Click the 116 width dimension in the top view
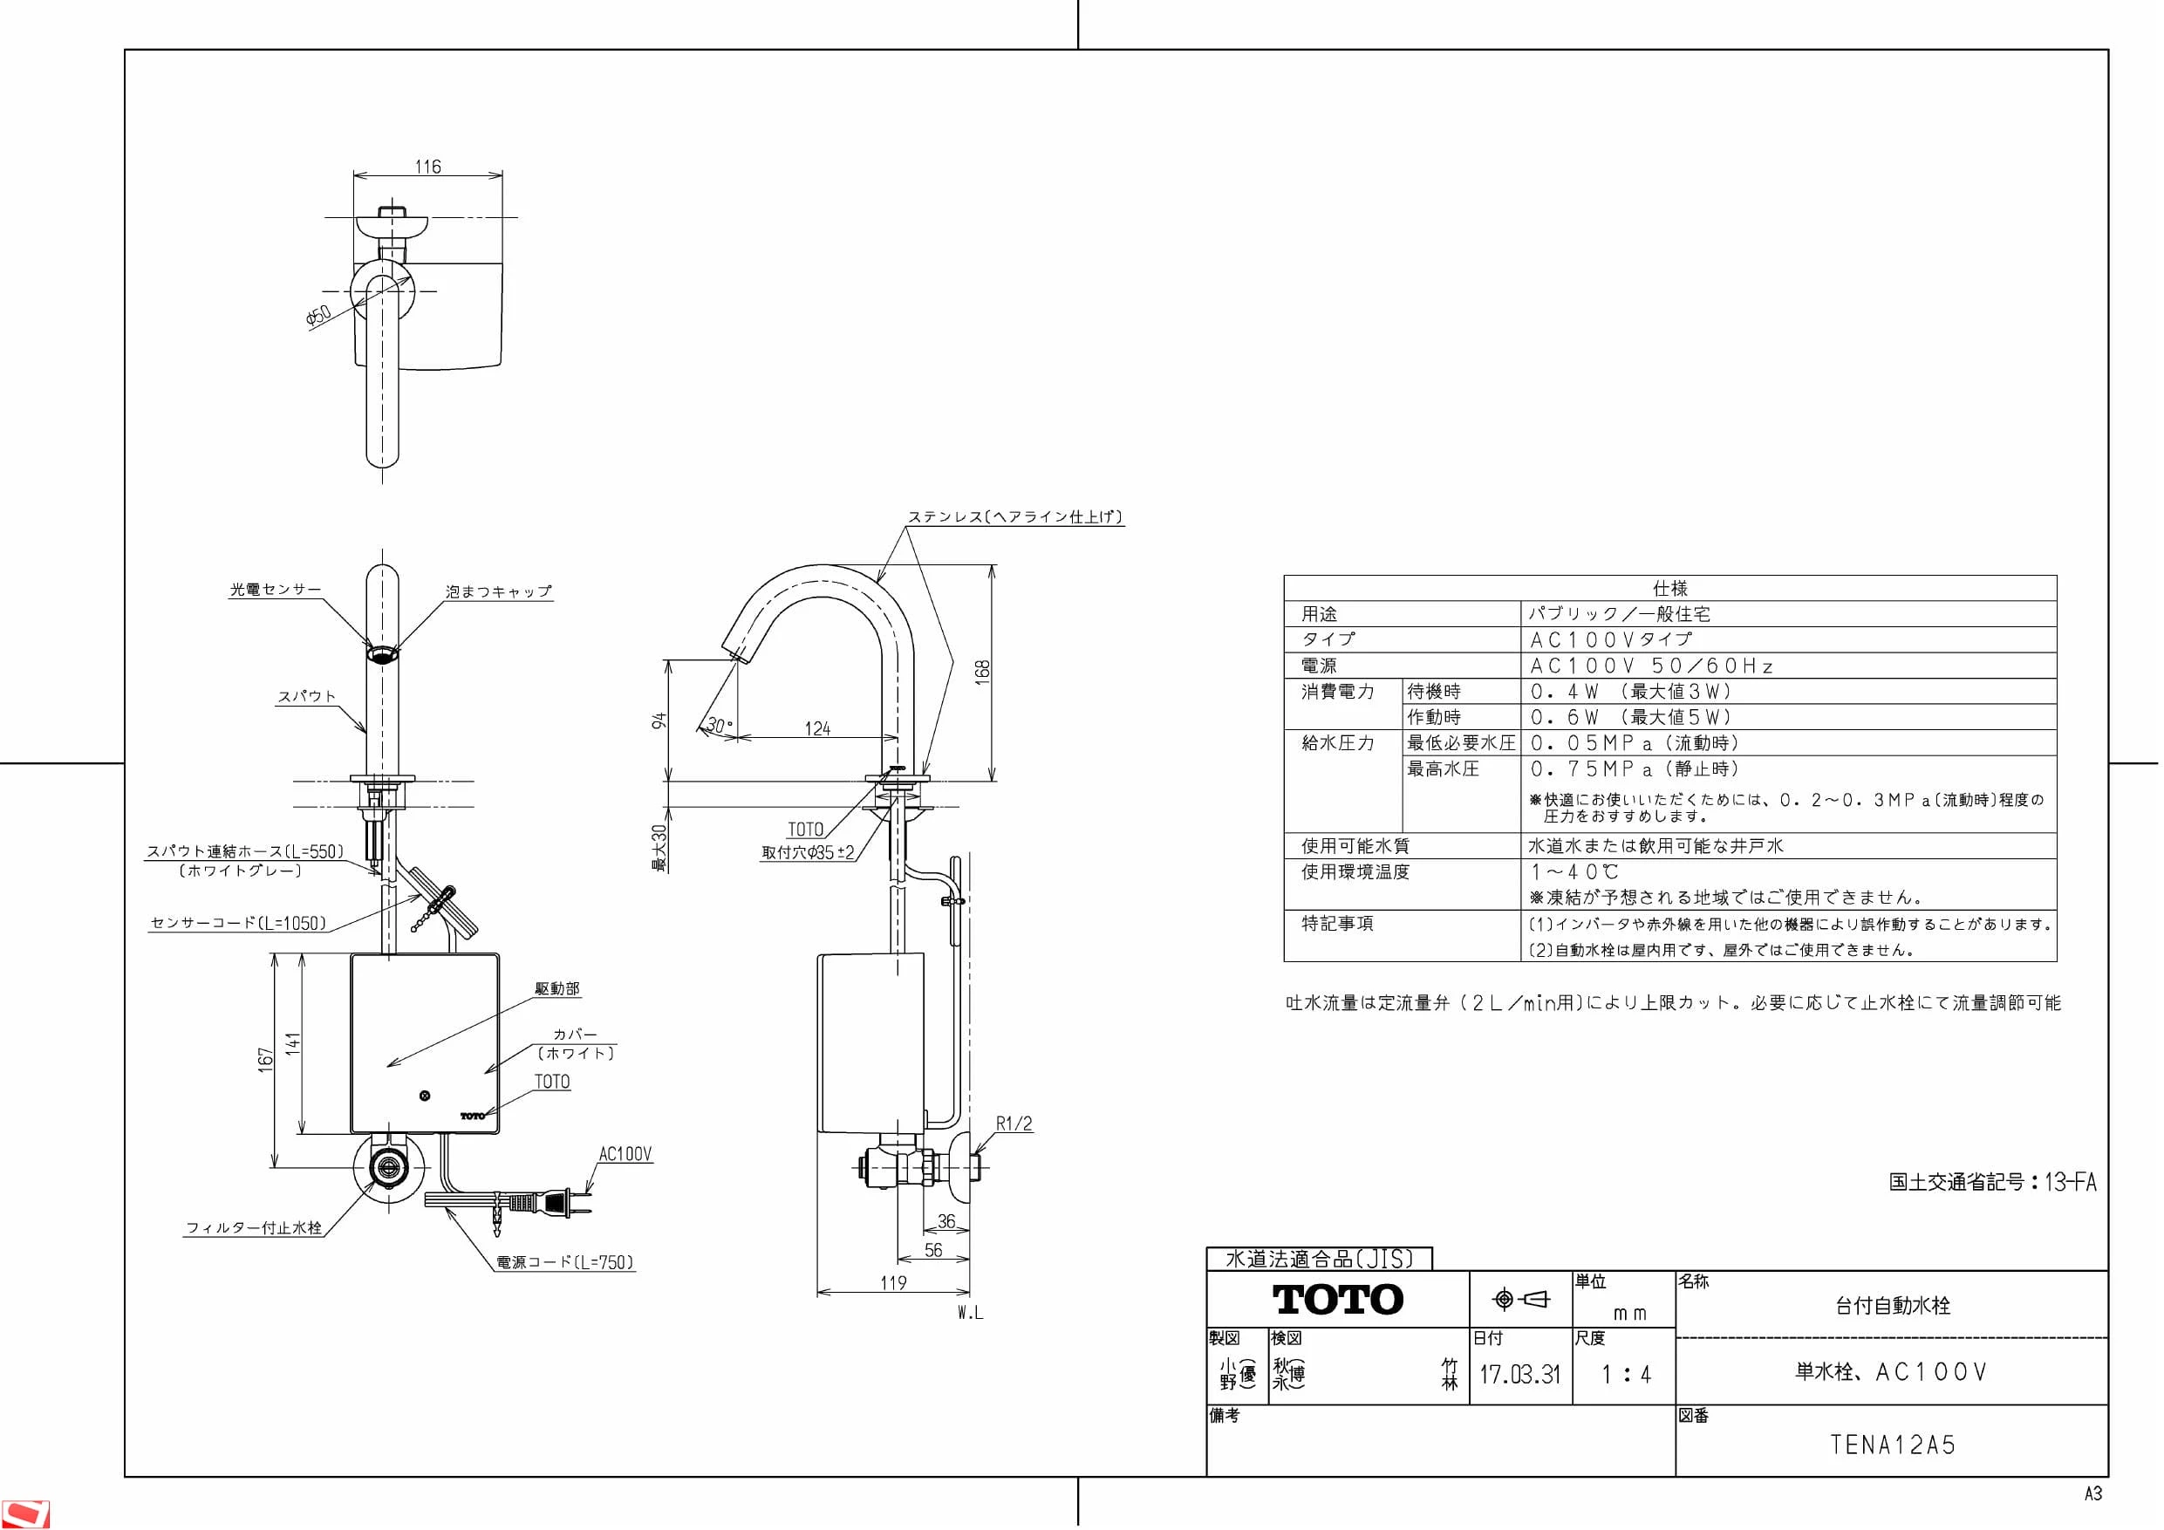(x=428, y=167)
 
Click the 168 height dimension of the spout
(x=982, y=671)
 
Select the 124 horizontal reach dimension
(x=817, y=728)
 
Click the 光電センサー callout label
(x=276, y=589)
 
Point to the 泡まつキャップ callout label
(x=499, y=591)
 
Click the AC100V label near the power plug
(x=625, y=1154)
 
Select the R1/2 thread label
(x=1014, y=1124)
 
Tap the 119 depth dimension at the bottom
(x=892, y=1282)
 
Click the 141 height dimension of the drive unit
(x=294, y=1042)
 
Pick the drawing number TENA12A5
(x=1893, y=1445)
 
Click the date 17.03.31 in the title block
(x=1519, y=1375)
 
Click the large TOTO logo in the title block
(x=1338, y=1299)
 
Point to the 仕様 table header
(x=1670, y=588)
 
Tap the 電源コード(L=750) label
(x=565, y=1261)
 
